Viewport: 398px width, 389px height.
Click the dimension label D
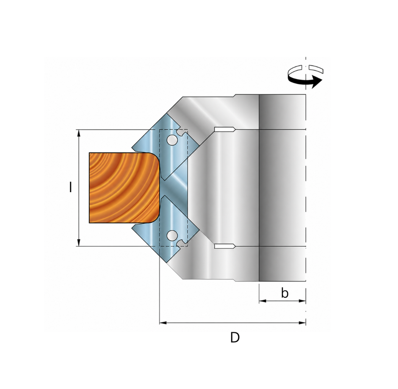(235, 337)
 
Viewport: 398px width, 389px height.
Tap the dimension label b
(285, 294)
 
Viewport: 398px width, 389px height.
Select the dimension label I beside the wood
(70, 187)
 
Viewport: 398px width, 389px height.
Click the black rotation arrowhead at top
(317, 82)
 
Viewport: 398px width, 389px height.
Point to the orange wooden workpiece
(124, 188)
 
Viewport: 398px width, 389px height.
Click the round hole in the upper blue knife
(172, 139)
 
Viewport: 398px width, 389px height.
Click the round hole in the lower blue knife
(172, 235)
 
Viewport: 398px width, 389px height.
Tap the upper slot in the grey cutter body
(225, 129)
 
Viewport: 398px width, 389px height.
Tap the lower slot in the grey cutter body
(225, 246)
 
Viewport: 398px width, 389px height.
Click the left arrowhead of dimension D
(163, 323)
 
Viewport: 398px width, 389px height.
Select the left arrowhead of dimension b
(262, 301)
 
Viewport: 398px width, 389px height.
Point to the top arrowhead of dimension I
(79, 133)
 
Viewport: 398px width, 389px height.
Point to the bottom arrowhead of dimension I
(79, 242)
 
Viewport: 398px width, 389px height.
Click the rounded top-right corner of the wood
(155, 157)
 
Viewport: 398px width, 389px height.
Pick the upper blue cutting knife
(166, 147)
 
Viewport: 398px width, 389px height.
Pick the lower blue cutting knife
(166, 228)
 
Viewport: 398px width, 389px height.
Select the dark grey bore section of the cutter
(282, 188)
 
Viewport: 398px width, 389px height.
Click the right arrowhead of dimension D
(302, 323)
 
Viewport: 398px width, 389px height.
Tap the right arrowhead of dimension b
(302, 301)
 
